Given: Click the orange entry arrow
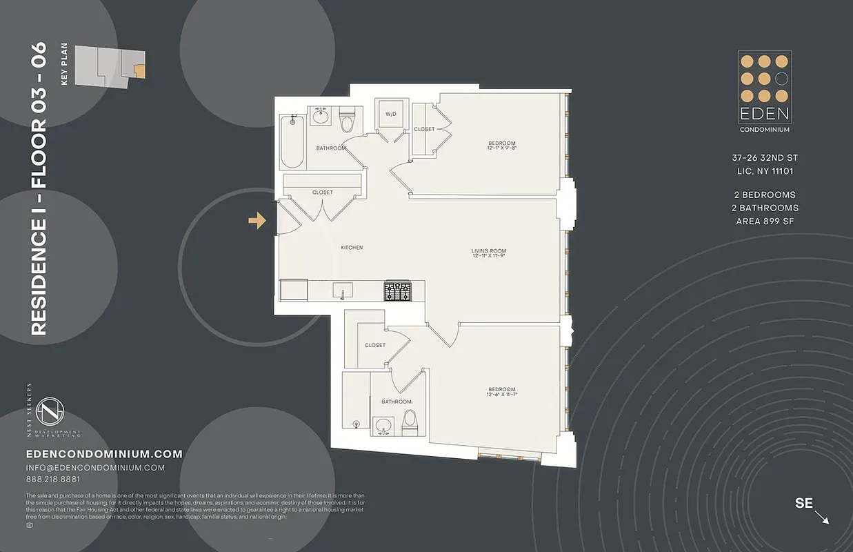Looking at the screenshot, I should [257, 220].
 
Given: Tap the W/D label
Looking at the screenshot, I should [390, 114].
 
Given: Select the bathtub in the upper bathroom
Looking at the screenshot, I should [292, 142].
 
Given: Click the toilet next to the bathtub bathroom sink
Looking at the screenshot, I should [347, 121].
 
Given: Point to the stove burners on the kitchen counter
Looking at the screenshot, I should [397, 291].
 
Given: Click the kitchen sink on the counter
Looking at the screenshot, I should [342, 289].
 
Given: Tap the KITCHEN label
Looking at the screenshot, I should [352, 248].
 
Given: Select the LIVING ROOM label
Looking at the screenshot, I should [489, 251].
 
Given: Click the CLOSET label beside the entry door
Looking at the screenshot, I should [322, 193].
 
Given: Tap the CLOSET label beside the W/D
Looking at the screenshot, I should [424, 129].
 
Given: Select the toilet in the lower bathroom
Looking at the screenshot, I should [409, 420].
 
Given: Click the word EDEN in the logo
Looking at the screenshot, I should [765, 114].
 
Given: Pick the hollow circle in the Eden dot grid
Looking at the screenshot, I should [781, 78].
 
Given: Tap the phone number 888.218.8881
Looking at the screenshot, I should [52, 480].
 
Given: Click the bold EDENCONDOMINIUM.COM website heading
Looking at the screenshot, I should [103, 454].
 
